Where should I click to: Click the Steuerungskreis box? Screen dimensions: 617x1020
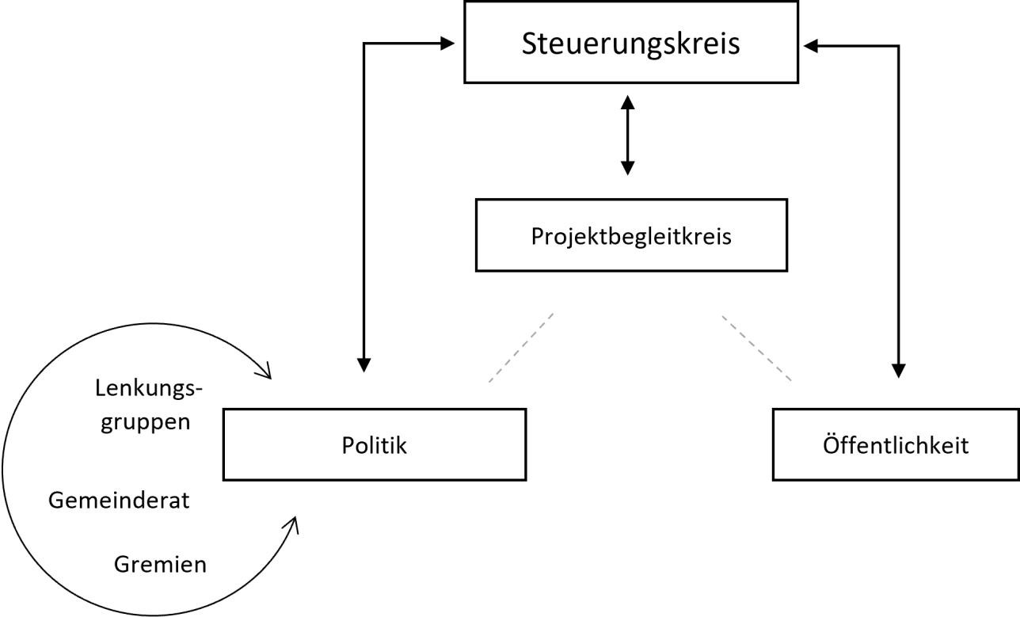tap(630, 43)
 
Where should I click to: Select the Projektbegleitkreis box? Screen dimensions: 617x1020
tap(630, 235)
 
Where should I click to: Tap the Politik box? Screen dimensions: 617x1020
tap(374, 444)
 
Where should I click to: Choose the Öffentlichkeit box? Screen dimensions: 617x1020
tap(895, 444)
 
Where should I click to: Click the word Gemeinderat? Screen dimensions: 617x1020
tap(119, 501)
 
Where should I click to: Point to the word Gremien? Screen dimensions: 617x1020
tap(160, 564)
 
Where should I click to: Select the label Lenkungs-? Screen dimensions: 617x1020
tap(149, 389)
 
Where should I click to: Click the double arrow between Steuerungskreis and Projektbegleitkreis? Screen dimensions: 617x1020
tap(628, 135)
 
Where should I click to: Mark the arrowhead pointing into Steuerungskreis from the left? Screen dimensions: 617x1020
tap(447, 44)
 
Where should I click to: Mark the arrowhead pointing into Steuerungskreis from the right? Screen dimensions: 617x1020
tap(812, 46)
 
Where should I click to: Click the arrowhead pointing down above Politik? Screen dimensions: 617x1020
tap(363, 364)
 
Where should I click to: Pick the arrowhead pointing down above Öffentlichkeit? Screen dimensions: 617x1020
tap(898, 370)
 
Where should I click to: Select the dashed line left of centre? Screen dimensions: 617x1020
tap(520, 348)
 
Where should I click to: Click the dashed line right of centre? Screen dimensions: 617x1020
tap(756, 348)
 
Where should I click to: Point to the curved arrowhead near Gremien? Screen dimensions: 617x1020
tap(292, 525)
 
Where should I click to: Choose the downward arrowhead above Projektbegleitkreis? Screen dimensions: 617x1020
tap(628, 167)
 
